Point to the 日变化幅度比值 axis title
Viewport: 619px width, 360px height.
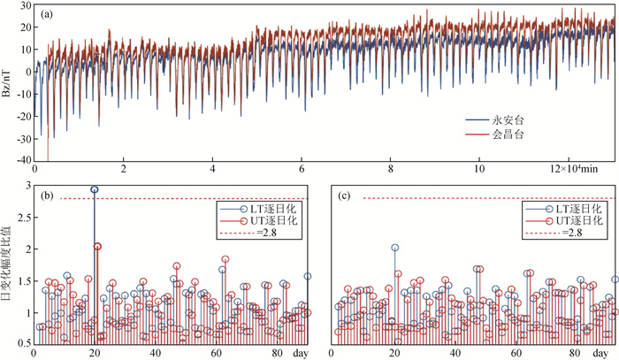click(8, 265)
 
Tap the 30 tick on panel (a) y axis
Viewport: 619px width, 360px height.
click(24, 5)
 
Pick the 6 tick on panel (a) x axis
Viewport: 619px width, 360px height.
click(302, 170)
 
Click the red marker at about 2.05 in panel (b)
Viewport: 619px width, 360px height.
click(97, 247)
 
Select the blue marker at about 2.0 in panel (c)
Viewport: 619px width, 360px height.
click(394, 249)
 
